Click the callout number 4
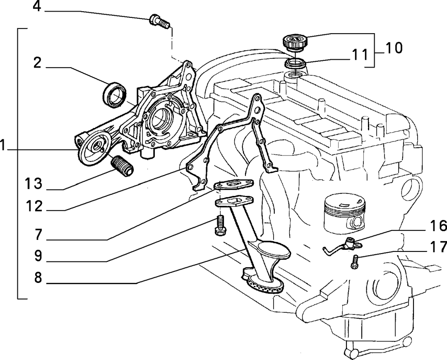(37, 7)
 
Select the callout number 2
(37, 63)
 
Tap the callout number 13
(34, 184)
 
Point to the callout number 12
(34, 206)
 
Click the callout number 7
(38, 235)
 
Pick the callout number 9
(38, 256)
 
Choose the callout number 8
(38, 277)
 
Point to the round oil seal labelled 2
(114, 95)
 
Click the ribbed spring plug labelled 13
(122, 166)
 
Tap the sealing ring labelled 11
(296, 63)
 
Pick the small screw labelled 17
(354, 261)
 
